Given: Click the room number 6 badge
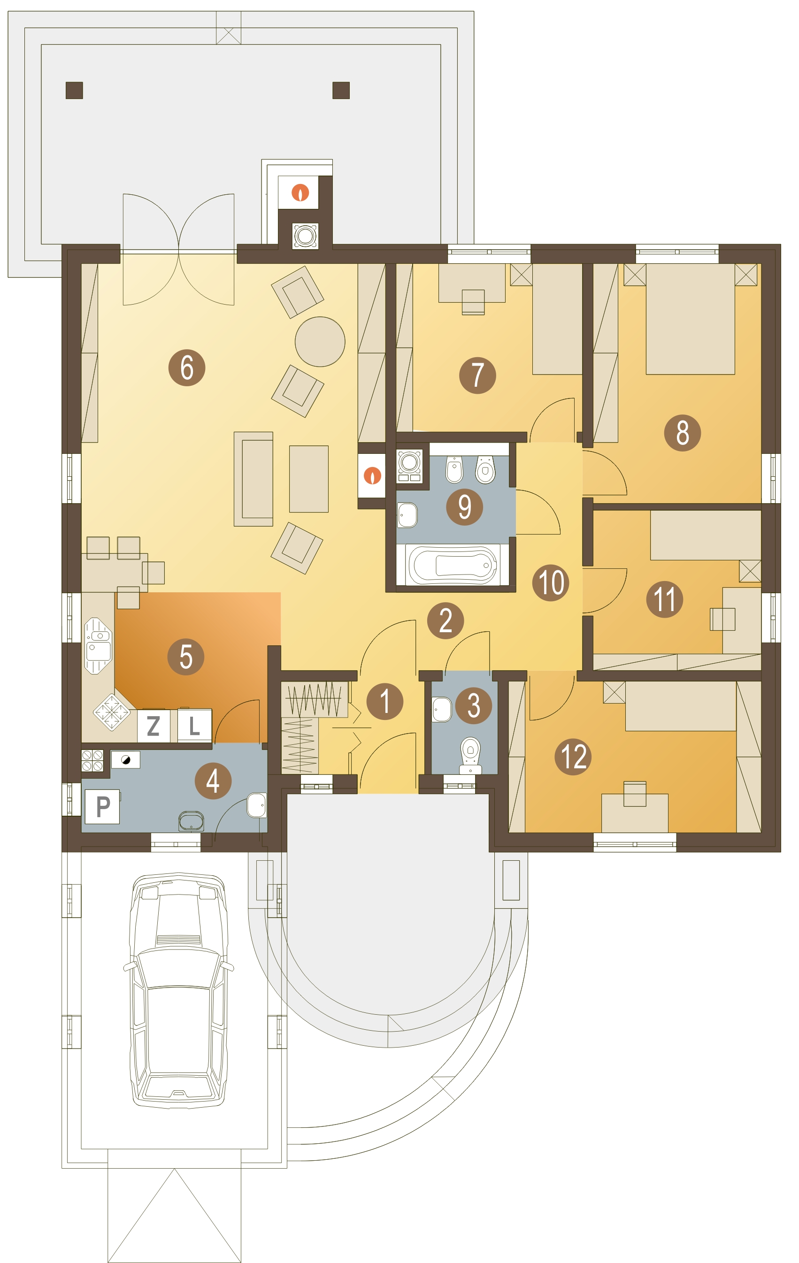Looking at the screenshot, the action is pyautogui.click(x=186, y=367).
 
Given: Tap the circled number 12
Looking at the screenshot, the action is pyautogui.click(x=573, y=756).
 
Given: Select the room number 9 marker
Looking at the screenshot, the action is pyautogui.click(x=464, y=507).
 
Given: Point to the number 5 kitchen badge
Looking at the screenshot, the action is pyautogui.click(x=186, y=657).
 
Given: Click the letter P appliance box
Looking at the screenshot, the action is pyautogui.click(x=102, y=807).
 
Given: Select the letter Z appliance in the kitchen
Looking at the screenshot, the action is pyautogui.click(x=153, y=726).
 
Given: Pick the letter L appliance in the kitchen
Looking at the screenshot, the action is pyautogui.click(x=194, y=726).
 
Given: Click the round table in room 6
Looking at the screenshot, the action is pyautogui.click(x=320, y=342).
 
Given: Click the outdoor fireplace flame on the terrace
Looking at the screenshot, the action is pyautogui.click(x=300, y=192).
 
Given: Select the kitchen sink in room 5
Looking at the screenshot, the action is pyautogui.click(x=99, y=646).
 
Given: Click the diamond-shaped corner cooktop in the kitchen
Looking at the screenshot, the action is pyautogui.click(x=112, y=712).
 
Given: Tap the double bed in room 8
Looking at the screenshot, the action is pyautogui.click(x=690, y=319).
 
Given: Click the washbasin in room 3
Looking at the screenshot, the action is pyautogui.click(x=442, y=709).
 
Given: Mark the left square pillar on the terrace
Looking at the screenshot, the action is pyautogui.click(x=74, y=90).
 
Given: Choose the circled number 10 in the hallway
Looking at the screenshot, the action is pyautogui.click(x=551, y=582).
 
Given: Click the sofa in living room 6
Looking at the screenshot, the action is pyautogui.click(x=254, y=479).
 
